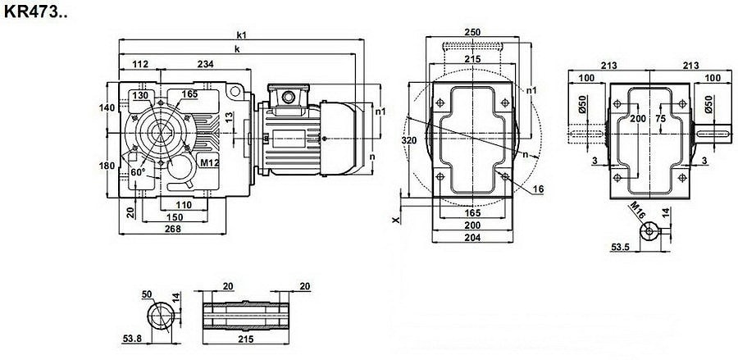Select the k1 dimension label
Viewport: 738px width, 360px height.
coord(242,34)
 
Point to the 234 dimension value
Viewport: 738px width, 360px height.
coord(206,64)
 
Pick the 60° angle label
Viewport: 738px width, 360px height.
coord(137,173)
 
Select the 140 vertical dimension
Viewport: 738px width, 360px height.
coord(106,107)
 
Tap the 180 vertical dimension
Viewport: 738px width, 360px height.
coord(106,166)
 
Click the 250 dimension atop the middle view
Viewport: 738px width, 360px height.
coord(472,32)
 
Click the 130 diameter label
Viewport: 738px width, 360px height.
coord(141,95)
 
